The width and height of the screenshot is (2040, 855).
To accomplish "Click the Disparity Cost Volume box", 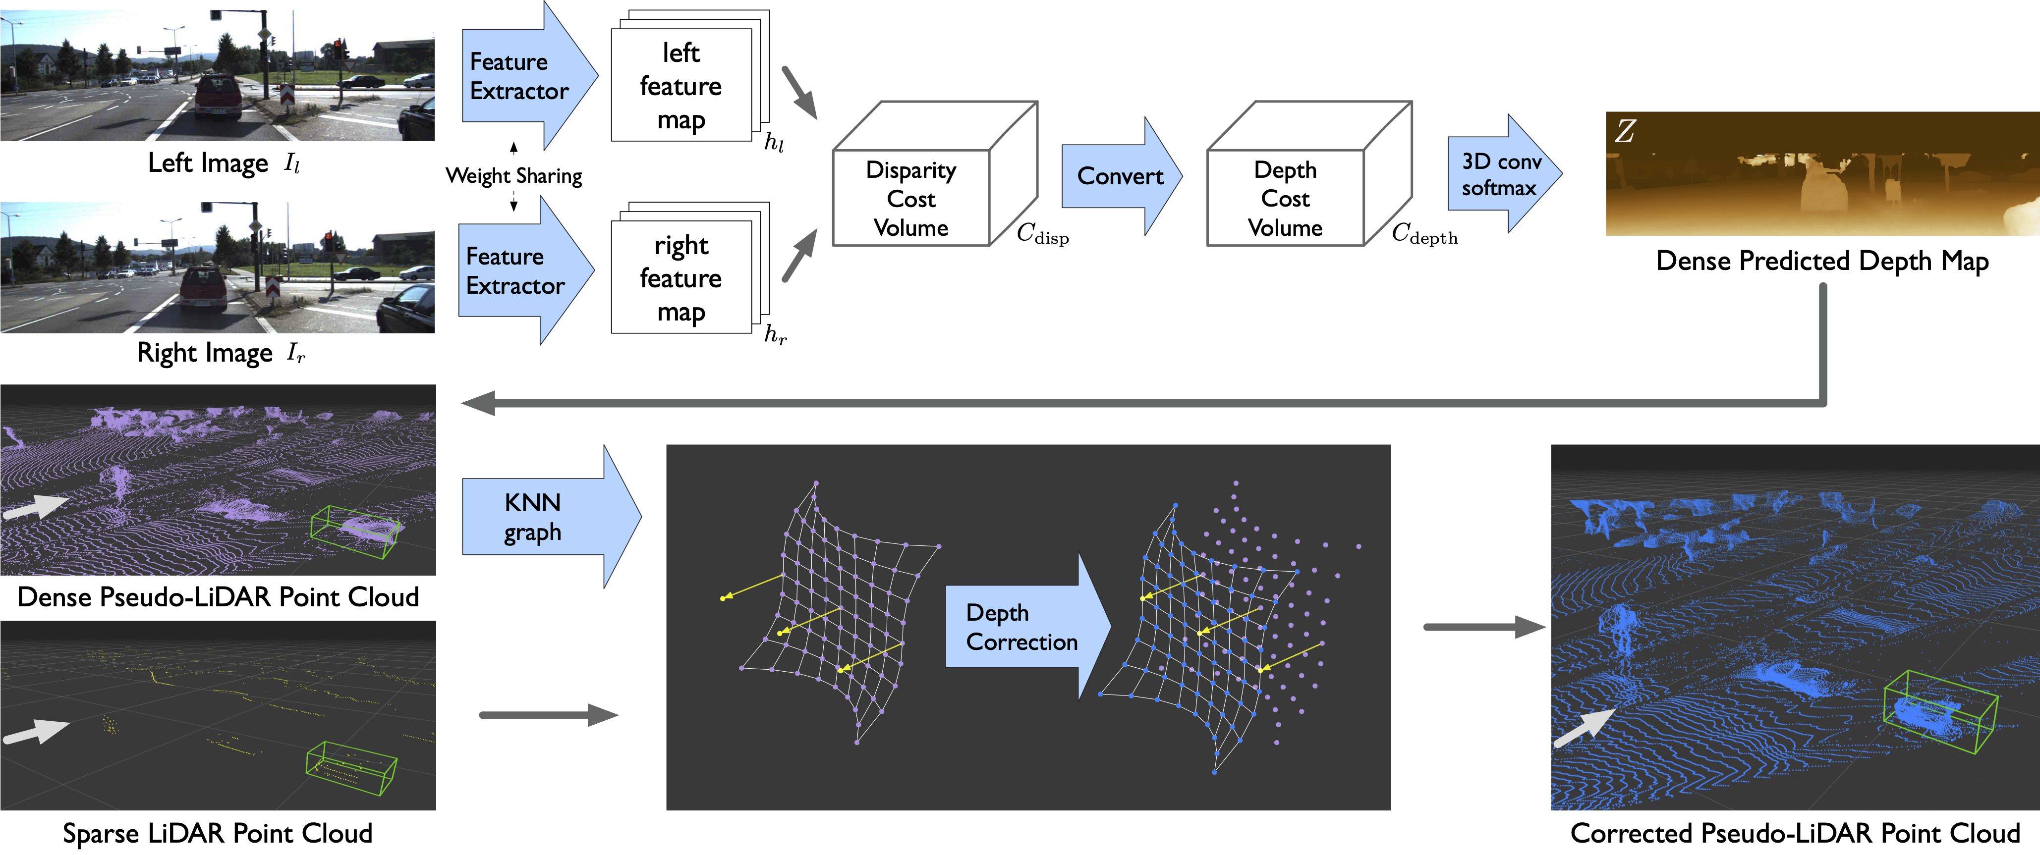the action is pyautogui.click(x=934, y=174).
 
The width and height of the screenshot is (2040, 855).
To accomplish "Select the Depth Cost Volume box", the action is pyautogui.click(x=1308, y=174).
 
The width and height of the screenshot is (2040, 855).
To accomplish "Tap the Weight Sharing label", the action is pyautogui.click(x=514, y=176).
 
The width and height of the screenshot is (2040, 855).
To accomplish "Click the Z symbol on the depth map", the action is pyautogui.click(x=1625, y=131).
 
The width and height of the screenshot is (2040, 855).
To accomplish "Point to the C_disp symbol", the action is pyautogui.click(x=1043, y=233).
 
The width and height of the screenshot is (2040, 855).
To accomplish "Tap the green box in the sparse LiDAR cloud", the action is pyautogui.click(x=351, y=767).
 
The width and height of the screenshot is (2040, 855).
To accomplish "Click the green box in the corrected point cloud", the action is pyautogui.click(x=1940, y=711).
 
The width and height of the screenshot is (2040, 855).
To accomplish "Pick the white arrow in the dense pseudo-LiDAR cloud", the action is pyautogui.click(x=36, y=507).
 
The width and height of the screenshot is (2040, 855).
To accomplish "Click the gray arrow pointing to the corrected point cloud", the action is pyautogui.click(x=1485, y=627).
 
